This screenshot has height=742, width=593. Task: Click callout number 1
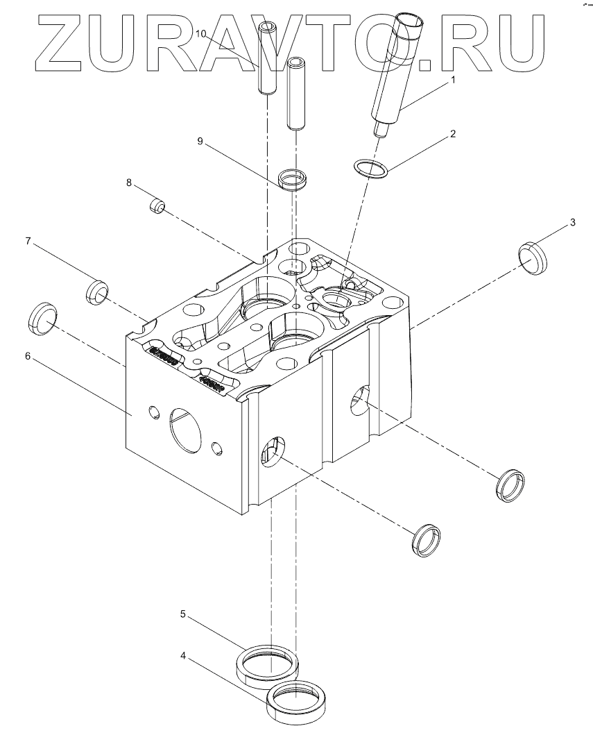454,80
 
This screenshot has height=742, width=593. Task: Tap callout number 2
453,133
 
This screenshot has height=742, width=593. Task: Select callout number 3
572,222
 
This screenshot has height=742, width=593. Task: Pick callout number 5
183,614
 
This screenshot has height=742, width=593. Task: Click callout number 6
28,355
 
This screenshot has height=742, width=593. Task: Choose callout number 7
28,241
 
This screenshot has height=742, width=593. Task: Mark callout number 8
128,183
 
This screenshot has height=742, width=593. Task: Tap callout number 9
200,141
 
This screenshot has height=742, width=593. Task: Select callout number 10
200,33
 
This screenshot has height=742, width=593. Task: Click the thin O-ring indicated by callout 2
371,168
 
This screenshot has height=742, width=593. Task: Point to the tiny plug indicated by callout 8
157,206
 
